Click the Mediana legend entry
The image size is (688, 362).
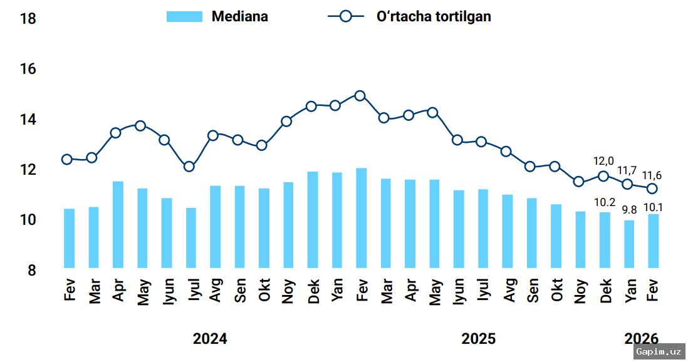[217, 17]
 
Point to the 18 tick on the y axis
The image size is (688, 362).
[28, 19]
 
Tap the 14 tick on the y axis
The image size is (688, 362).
[28, 120]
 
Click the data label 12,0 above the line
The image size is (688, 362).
[603, 161]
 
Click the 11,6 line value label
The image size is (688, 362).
[654, 175]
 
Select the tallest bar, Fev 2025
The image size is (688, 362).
[361, 218]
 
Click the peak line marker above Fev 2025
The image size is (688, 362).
[360, 96]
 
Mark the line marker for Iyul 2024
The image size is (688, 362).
[189, 167]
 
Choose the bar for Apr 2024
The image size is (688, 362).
[118, 224]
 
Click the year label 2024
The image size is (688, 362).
[210, 339]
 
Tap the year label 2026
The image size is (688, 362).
[641, 339]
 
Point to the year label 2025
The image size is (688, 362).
[478, 339]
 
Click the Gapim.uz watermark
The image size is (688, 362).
[658, 351]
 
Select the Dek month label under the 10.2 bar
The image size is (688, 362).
[605, 290]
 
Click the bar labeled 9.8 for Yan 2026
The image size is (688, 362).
[629, 244]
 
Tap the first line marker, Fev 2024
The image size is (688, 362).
[67, 159]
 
